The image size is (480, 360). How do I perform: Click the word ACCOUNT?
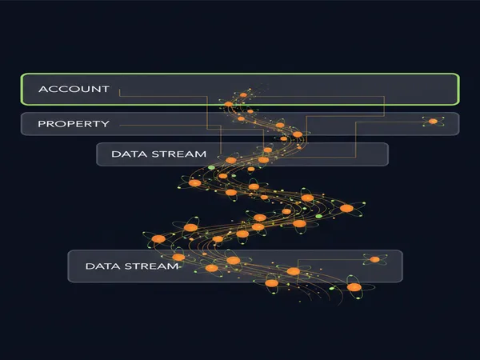[74, 89]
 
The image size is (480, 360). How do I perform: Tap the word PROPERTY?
[74, 124]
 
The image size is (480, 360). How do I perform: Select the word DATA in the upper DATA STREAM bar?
[129, 154]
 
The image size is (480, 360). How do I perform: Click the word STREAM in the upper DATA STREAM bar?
[179, 154]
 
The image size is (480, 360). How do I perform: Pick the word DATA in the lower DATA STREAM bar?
[103, 266]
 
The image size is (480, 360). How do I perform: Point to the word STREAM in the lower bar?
[151, 266]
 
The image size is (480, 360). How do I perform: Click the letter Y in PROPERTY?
[105, 124]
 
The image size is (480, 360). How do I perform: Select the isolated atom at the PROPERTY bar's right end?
[433, 122]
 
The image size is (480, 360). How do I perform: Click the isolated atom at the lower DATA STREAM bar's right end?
[374, 259]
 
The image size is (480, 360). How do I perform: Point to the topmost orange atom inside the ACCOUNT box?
[243, 95]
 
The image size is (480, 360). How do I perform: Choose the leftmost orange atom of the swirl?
[158, 238]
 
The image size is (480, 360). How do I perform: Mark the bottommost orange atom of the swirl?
[354, 287]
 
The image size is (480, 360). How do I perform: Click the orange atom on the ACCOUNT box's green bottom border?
[228, 104]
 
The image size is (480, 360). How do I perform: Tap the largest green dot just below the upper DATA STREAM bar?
[211, 167]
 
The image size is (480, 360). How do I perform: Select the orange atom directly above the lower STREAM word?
[178, 257]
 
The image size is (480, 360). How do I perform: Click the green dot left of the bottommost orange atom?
[332, 288]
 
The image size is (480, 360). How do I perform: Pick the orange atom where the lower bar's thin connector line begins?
[294, 271]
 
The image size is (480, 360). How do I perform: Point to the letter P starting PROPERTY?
[41, 124]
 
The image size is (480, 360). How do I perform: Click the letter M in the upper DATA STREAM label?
[202, 154]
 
